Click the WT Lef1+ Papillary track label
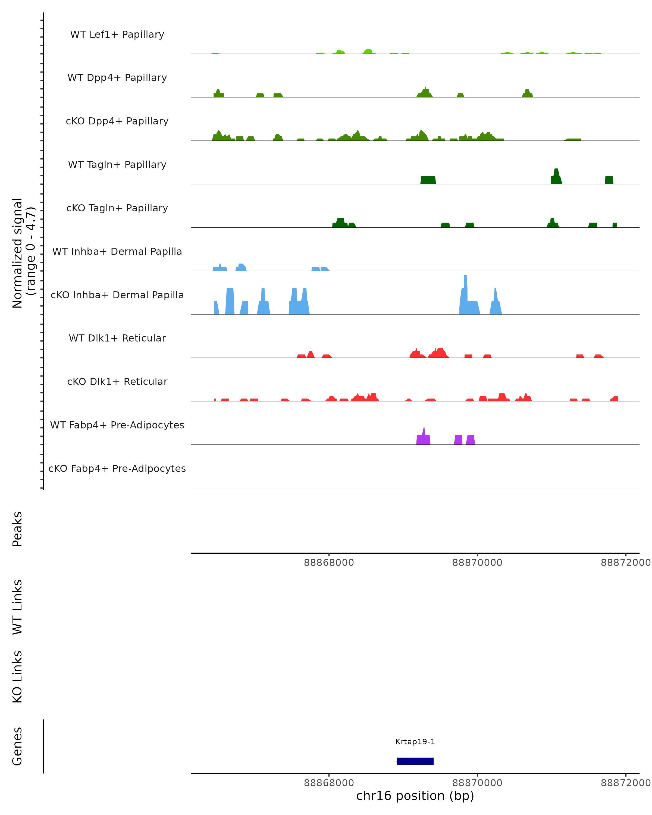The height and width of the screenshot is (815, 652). pos(117,35)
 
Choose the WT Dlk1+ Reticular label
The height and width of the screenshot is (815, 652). pos(117,338)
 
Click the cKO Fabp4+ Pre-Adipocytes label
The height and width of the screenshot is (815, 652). pos(117,468)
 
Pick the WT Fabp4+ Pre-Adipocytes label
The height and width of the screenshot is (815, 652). pos(117,425)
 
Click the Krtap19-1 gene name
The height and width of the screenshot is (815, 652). pos(415,741)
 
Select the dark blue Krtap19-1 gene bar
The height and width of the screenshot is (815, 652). pos(415,761)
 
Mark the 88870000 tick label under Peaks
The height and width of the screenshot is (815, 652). pos(477,563)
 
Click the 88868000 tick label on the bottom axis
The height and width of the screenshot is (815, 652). pos(329,782)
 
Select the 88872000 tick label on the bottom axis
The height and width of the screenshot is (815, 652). pos(626,782)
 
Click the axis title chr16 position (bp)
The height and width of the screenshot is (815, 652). pos(415,796)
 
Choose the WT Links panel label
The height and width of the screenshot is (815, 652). pos(17,607)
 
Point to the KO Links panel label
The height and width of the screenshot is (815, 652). pos(17,677)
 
